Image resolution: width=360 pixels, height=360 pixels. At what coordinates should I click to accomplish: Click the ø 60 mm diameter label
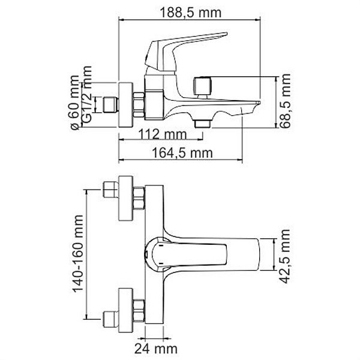pos(74,103)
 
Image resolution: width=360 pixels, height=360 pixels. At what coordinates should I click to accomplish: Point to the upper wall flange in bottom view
pos(126,197)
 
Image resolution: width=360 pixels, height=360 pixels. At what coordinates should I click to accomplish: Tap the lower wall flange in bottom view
pos(126,310)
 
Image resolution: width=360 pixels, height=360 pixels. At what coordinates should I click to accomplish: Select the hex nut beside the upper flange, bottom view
pos(139,198)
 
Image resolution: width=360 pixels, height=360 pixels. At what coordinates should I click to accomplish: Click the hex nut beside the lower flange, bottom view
pos(139,311)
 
